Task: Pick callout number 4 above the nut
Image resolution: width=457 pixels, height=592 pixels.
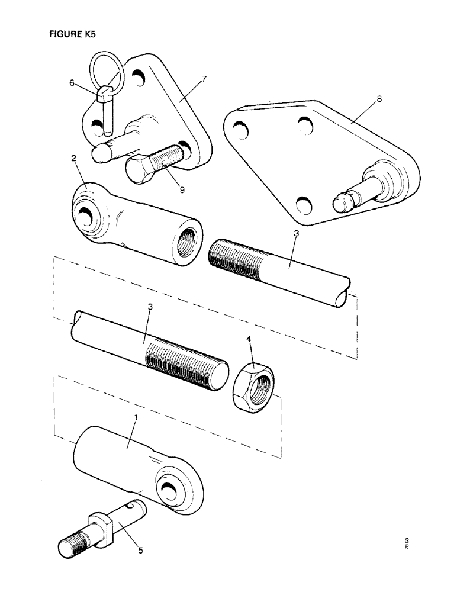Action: (250, 339)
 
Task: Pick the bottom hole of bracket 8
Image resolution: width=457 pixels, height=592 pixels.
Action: (302, 206)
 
